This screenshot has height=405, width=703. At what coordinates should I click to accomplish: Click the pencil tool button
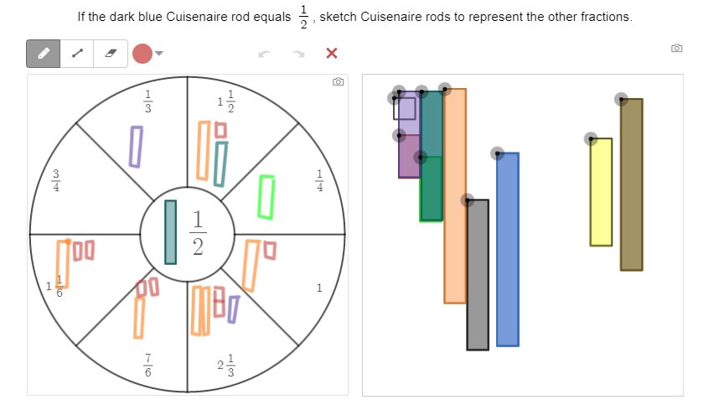[43, 54]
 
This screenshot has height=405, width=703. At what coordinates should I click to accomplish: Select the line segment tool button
[77, 54]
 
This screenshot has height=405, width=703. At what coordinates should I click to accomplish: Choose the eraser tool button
[111, 54]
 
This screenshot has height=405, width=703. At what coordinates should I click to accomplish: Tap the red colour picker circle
[142, 54]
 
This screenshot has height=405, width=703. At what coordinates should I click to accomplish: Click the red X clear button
[332, 54]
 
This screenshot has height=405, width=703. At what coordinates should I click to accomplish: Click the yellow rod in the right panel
[601, 192]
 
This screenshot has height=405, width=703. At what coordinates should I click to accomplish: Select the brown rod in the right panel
[631, 184]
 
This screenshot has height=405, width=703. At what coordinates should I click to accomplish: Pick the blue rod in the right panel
[508, 249]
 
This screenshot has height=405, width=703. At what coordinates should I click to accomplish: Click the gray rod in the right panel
[478, 274]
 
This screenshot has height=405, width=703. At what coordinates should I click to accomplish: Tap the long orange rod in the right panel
[455, 196]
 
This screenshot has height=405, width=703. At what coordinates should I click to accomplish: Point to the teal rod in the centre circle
[170, 232]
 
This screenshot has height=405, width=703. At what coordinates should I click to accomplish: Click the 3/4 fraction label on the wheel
[56, 180]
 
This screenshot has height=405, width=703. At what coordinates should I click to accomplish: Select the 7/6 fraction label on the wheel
[148, 365]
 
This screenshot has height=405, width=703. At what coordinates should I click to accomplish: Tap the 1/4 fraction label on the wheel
[320, 180]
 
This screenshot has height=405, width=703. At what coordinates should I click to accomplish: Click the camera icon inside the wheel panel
[338, 81]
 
